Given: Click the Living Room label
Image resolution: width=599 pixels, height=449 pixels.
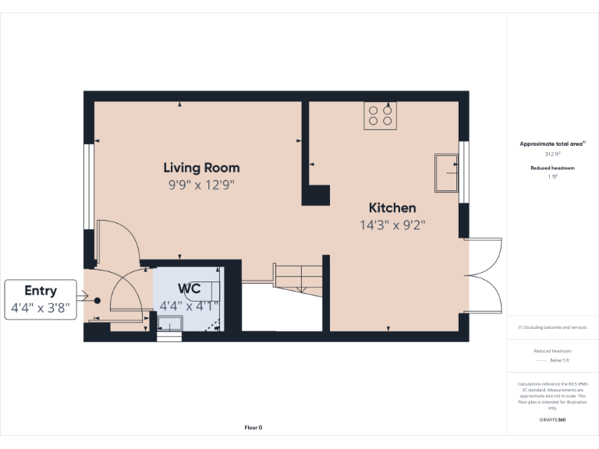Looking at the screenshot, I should (x=201, y=168).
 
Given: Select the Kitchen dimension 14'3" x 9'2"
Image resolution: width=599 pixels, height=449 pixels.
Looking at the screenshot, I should (x=392, y=225).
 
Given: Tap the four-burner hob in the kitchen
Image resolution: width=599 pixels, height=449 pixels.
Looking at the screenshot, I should (x=380, y=115).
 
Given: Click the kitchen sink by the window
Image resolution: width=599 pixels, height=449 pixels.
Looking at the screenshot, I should (x=447, y=172).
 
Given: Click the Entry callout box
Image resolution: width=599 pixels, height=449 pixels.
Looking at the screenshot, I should (x=41, y=299).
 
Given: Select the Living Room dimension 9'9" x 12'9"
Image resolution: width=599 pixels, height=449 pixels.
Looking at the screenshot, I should (x=201, y=186).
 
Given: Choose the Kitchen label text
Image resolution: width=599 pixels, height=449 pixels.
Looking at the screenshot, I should (x=392, y=208).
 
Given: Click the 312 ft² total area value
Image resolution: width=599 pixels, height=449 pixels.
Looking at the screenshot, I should (x=552, y=154).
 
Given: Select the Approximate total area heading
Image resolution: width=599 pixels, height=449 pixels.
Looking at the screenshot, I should (x=551, y=144).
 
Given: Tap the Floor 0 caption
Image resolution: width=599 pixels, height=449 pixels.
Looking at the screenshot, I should (x=253, y=427).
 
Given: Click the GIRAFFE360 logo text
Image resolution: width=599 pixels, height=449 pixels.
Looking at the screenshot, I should (x=552, y=420).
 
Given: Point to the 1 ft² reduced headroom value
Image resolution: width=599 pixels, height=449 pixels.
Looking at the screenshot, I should (x=552, y=177).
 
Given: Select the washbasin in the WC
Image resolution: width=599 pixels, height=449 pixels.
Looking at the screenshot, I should (x=169, y=323).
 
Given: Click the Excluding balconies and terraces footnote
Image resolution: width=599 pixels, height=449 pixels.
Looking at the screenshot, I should (x=552, y=327).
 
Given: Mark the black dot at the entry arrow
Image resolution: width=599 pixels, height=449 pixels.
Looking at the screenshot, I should (x=97, y=300).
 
